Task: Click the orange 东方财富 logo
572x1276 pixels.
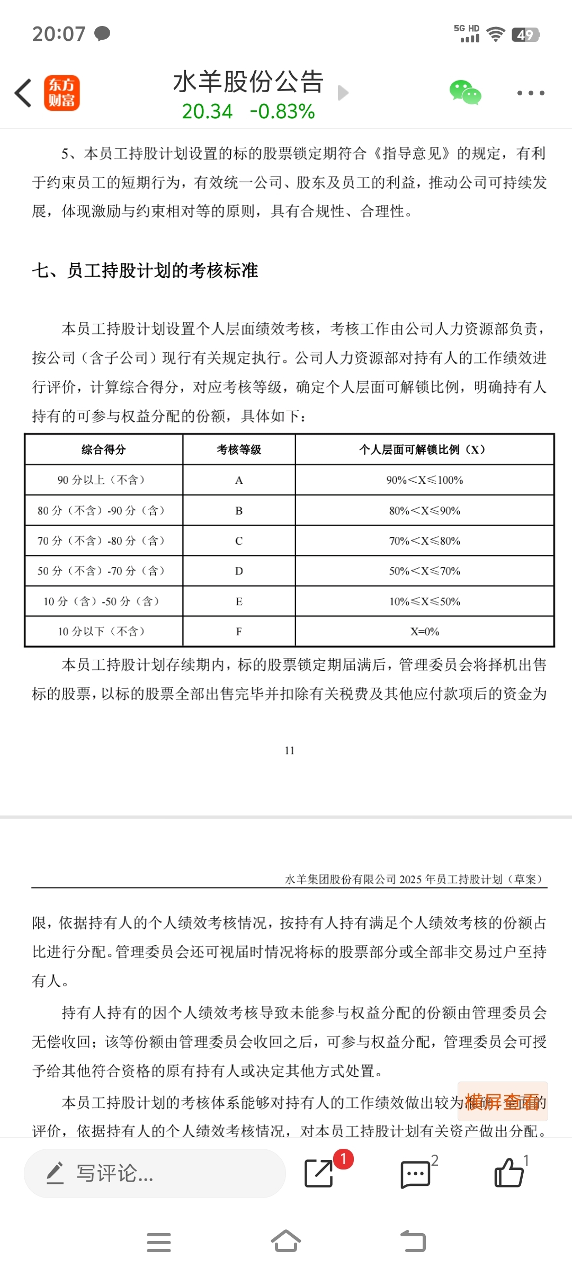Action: click(61, 93)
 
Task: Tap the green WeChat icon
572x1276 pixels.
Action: click(465, 93)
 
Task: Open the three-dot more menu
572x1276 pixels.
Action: click(530, 93)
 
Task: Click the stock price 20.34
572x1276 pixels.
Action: click(207, 111)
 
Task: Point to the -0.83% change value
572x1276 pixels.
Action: click(282, 111)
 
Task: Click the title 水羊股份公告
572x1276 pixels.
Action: click(248, 82)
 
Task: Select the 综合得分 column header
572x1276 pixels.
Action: click(104, 450)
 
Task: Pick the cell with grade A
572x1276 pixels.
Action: click(239, 480)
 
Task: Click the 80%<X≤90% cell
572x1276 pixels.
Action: click(424, 511)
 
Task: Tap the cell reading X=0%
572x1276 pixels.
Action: click(424, 632)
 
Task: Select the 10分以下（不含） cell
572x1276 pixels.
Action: click(104, 632)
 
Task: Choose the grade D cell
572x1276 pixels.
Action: click(239, 571)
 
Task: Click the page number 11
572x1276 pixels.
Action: click(289, 750)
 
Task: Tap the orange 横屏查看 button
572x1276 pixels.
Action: click(502, 1102)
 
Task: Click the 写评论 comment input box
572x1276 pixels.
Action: click(155, 1174)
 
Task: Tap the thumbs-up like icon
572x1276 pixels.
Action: click(509, 1173)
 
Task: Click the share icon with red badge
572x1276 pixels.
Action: click(319, 1173)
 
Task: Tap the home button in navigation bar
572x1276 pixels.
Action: click(286, 1242)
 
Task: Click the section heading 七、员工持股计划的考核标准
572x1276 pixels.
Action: click(145, 271)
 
